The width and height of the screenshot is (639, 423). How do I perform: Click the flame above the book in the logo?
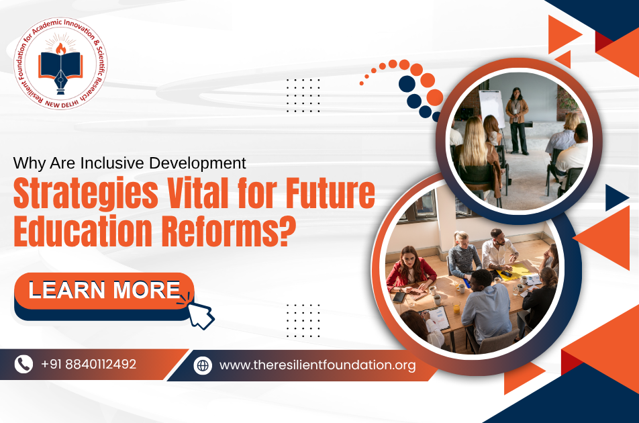(61, 49)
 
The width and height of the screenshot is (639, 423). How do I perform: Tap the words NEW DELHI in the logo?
(62, 103)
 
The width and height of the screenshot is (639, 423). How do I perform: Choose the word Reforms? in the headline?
(229, 231)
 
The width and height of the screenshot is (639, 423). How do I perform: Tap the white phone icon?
(23, 364)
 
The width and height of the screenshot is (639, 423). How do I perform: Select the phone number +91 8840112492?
(89, 364)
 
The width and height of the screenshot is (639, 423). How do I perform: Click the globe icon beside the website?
(203, 365)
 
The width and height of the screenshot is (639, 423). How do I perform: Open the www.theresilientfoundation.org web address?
(317, 365)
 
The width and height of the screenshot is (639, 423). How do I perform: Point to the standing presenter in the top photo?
(517, 121)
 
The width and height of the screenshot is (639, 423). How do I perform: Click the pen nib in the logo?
(60, 83)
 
